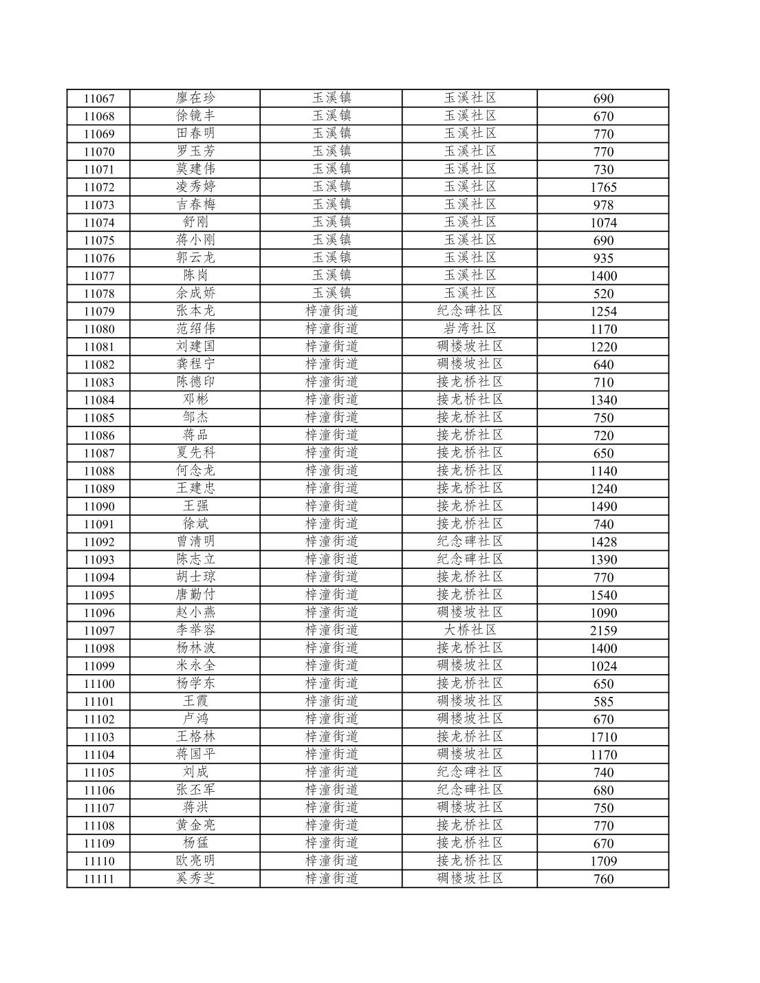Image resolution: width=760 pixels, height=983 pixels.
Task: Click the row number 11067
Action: coord(98,98)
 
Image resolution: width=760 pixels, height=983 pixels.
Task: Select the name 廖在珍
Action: coord(195,98)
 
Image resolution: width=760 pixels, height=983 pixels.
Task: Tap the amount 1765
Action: coord(603,187)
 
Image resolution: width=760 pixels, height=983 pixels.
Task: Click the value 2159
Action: coord(603,631)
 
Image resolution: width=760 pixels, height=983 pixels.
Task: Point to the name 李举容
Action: coord(195,630)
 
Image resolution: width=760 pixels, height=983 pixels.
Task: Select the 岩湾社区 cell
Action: coord(470,329)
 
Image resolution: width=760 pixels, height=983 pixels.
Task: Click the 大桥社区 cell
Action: coord(470,630)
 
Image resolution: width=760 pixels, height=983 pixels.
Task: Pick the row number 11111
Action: coord(98,879)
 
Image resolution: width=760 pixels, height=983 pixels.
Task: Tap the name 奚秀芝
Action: coord(195,878)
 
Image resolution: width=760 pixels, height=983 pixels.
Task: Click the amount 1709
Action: coord(603,861)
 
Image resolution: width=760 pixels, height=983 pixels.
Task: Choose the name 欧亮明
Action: coord(195,861)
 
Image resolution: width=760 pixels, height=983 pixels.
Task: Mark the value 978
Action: coord(603,205)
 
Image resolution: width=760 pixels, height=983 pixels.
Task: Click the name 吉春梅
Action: coord(195,204)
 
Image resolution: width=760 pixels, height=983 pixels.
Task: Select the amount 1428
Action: coord(603,542)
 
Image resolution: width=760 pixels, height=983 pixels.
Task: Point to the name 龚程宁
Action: coord(195,364)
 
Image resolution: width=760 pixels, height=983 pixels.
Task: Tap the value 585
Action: coord(603,702)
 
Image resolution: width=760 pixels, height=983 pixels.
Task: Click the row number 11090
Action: coord(98,506)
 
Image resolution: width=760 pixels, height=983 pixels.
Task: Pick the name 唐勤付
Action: coord(195,594)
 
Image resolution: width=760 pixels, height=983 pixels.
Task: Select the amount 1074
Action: coord(603,223)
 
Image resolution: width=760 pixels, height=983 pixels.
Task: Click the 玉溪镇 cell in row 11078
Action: coord(332,293)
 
